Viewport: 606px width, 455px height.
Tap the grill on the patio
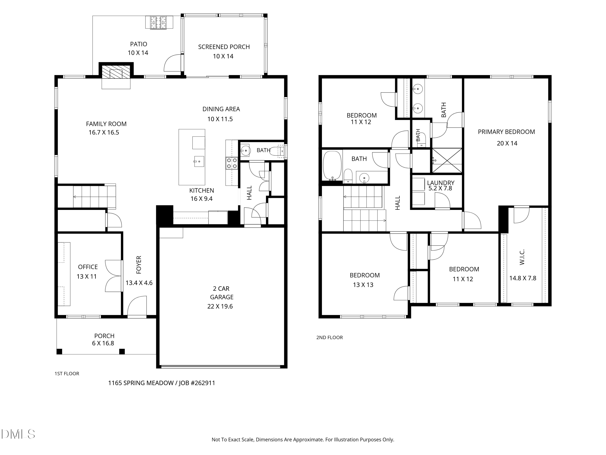159,22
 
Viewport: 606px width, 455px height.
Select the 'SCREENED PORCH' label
224,47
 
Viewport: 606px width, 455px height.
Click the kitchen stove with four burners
232,163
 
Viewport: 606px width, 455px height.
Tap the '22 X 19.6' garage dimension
220,306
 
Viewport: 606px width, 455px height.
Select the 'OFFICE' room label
88,267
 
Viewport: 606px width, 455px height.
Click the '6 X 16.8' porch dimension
103,343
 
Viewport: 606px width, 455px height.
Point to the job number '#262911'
203,383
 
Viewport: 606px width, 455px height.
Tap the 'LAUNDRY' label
441,183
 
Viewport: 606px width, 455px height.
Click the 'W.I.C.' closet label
522,257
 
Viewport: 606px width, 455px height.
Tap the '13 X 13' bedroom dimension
363,285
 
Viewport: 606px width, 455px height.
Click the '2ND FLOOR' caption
330,338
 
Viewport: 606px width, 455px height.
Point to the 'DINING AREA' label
221,109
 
